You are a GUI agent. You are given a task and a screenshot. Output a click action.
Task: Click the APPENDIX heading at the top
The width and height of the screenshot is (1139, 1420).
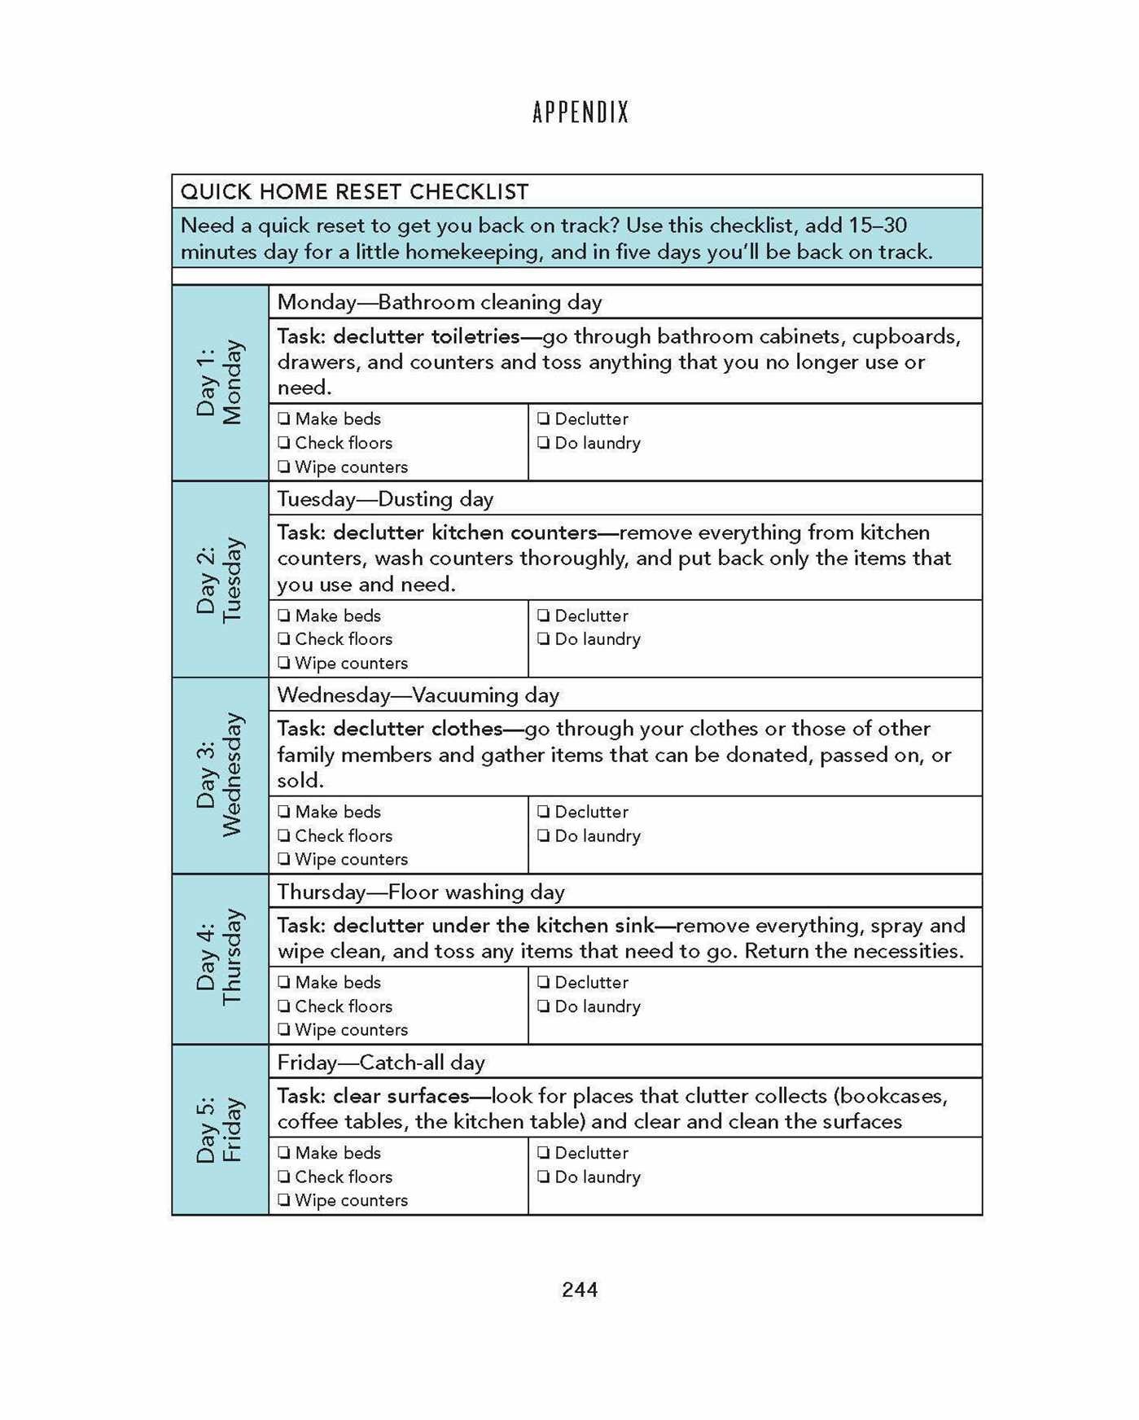(580, 112)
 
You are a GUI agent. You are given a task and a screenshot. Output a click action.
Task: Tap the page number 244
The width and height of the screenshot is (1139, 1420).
(580, 1290)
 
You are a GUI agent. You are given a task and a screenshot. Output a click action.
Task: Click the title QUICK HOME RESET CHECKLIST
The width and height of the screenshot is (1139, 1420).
(354, 192)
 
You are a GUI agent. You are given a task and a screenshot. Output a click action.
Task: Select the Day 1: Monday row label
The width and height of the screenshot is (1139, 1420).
(220, 383)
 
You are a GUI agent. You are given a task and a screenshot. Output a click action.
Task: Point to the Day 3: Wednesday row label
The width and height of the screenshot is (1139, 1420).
(220, 775)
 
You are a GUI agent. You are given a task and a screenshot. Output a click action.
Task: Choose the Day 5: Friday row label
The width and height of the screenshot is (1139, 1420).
(220, 1130)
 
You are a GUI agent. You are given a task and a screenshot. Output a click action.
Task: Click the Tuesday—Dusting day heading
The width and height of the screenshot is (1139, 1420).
(385, 499)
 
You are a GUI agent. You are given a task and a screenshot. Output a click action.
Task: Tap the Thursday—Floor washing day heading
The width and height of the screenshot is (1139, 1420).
(420, 892)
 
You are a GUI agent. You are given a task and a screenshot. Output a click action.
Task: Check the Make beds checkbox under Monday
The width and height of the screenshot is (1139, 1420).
(283, 419)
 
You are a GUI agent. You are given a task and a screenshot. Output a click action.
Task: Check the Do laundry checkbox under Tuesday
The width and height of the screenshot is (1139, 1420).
(543, 639)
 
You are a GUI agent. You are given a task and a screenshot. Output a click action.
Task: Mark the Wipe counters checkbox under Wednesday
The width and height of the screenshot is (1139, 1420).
(283, 859)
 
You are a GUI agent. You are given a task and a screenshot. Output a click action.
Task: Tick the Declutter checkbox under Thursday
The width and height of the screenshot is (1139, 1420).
(543, 983)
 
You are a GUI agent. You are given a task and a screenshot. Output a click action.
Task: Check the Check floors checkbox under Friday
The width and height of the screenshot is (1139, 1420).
(283, 1177)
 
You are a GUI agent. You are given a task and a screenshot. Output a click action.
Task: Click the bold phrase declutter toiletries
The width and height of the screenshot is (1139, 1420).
(427, 337)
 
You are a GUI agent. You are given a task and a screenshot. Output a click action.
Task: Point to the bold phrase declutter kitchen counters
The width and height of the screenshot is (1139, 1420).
(465, 533)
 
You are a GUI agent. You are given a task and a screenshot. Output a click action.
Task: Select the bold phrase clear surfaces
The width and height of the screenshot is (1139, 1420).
(401, 1096)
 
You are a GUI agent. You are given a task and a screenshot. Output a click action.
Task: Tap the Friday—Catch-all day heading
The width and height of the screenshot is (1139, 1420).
(380, 1063)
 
